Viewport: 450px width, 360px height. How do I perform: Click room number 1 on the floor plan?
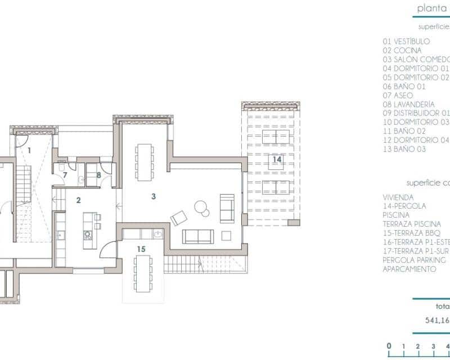(29, 150)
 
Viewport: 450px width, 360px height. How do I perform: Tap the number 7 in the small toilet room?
(65, 175)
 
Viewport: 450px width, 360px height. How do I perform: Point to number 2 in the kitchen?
(79, 200)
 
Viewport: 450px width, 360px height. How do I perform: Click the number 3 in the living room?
(153, 196)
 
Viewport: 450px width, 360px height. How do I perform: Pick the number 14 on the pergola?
(276, 160)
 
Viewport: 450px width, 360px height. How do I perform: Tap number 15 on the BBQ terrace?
(141, 248)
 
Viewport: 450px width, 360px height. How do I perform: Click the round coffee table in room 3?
(201, 208)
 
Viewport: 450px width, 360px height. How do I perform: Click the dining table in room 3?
(145, 161)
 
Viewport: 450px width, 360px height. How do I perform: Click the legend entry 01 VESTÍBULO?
(406, 42)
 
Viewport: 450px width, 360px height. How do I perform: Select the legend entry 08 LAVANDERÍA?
(408, 105)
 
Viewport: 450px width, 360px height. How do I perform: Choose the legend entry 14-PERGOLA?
(404, 206)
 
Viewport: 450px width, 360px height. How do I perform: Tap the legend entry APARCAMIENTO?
(409, 269)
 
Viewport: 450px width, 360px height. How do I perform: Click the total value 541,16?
(436, 321)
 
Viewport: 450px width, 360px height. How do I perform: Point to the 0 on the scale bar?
(389, 346)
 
